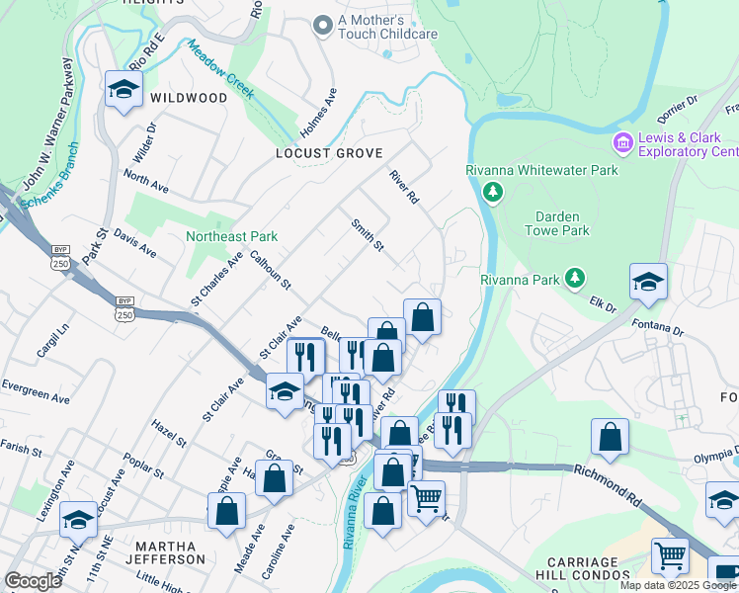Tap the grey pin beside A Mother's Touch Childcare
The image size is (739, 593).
click(x=322, y=26)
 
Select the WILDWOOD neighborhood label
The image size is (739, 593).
click(x=189, y=98)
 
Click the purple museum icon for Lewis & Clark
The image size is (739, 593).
click(x=622, y=144)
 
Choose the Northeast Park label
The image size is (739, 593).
click(x=231, y=236)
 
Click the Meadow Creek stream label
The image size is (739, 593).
click(x=220, y=70)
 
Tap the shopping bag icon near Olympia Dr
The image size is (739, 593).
click(x=611, y=437)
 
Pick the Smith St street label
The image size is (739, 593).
click(x=368, y=235)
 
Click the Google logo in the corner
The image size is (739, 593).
click(x=33, y=581)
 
